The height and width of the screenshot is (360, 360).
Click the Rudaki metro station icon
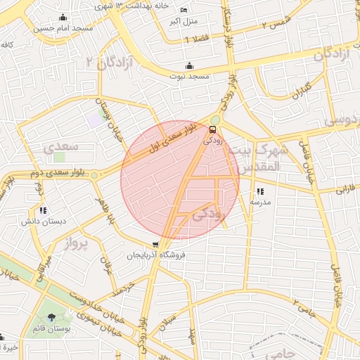213,129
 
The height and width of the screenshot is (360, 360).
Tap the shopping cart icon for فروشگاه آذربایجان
155,245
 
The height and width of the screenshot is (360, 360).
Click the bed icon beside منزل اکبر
184,11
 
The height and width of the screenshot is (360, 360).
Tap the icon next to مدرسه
260,191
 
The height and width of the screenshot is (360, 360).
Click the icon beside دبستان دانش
44,210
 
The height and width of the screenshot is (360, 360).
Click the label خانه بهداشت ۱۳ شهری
138,6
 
